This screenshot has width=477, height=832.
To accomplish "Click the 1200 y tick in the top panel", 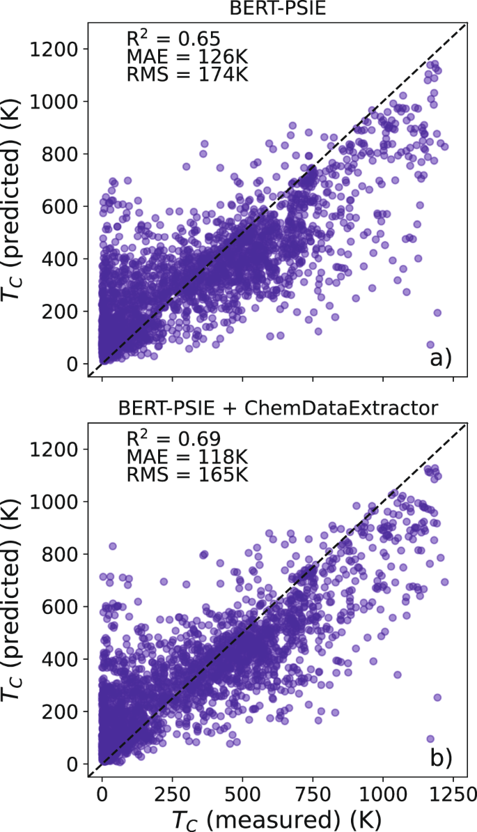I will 61,49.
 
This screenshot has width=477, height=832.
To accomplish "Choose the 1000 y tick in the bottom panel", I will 61,502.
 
